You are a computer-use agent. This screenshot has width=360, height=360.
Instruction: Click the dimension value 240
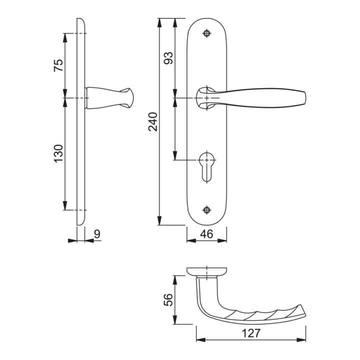click(x=153, y=121)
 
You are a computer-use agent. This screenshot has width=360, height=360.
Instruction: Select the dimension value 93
click(x=168, y=58)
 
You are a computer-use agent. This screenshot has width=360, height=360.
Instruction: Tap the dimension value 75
click(x=58, y=65)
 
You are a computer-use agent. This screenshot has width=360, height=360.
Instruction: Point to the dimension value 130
click(x=58, y=153)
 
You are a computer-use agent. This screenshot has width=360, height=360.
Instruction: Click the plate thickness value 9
click(x=97, y=234)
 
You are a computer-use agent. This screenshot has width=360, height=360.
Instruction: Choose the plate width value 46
click(x=206, y=234)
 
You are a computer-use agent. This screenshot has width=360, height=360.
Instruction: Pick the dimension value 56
click(x=168, y=299)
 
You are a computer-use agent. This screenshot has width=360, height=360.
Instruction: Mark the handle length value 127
click(x=251, y=333)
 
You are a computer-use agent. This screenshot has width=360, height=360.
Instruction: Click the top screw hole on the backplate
click(x=207, y=33)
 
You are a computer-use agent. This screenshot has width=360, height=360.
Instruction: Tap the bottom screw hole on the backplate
click(x=207, y=210)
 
